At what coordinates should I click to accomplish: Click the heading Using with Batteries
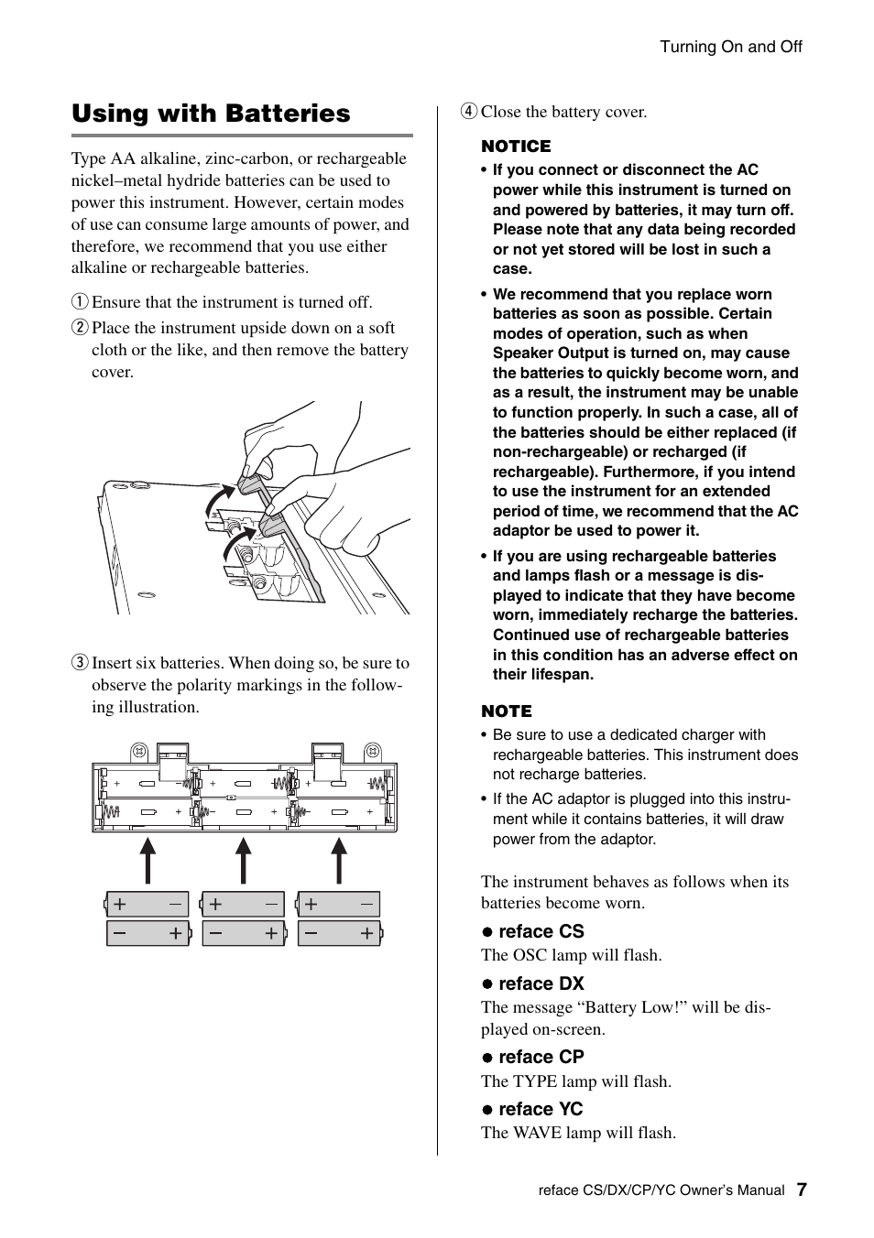(x=211, y=114)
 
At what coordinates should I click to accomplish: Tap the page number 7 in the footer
(x=802, y=1189)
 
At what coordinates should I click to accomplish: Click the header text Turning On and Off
(x=731, y=47)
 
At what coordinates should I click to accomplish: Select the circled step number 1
(x=81, y=302)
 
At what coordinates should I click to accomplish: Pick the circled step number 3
(x=81, y=663)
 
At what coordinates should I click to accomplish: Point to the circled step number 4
(x=469, y=112)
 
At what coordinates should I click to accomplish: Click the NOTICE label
(x=516, y=147)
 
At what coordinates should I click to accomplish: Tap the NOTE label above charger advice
(x=506, y=711)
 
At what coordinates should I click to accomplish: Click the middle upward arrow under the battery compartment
(x=243, y=861)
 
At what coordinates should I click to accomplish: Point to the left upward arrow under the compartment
(x=147, y=861)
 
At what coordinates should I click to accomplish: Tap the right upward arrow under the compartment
(x=339, y=861)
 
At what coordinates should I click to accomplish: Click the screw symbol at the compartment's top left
(x=140, y=751)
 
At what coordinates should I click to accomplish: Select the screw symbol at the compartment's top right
(x=372, y=751)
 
